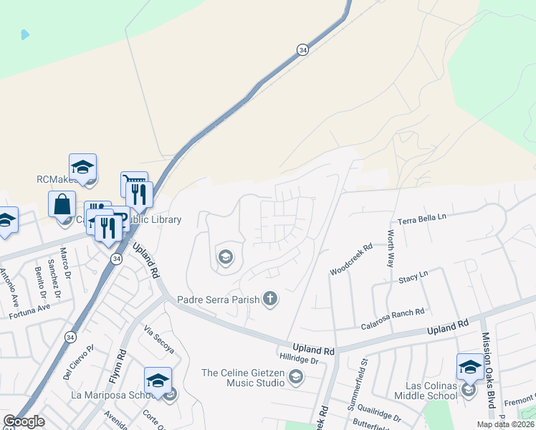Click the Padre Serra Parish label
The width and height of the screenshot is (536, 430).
(x=218, y=300)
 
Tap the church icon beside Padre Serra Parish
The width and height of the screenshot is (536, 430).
(x=270, y=298)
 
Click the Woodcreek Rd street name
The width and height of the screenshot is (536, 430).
(x=351, y=260)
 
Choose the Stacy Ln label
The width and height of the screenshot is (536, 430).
(x=413, y=275)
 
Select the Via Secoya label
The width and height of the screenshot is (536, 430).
(x=159, y=340)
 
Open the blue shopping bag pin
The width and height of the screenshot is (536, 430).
(x=62, y=204)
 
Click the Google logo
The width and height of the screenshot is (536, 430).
(x=24, y=421)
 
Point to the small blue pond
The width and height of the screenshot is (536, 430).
(x=25, y=34)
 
